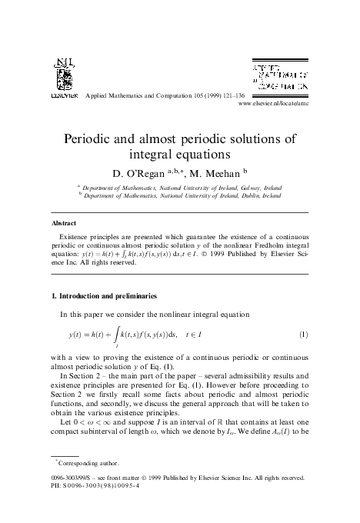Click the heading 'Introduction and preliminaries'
116,295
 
